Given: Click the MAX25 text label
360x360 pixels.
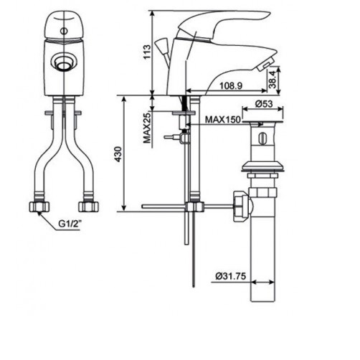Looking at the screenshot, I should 147,127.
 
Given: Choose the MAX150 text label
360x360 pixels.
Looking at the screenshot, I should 222,120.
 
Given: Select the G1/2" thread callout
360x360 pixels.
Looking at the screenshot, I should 70,223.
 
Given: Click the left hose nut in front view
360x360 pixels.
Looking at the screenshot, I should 37,207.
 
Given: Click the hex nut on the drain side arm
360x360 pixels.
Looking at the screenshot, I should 240,204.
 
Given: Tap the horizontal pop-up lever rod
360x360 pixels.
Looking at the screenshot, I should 165,207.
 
